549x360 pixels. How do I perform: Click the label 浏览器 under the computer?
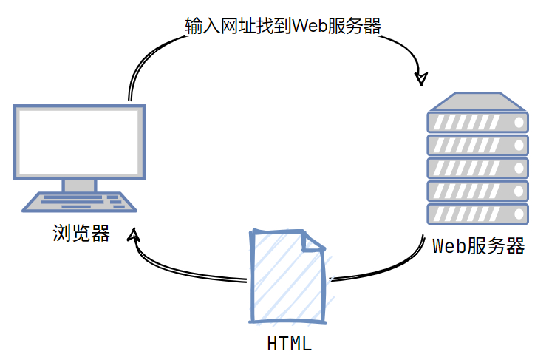click(81, 234)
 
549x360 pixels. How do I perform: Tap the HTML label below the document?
click(289, 344)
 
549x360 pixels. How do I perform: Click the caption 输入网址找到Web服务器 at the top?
click(283, 26)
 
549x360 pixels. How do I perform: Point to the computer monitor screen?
click(79, 140)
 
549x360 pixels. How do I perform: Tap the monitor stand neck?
click(79, 185)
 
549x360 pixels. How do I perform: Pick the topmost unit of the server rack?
click(478, 121)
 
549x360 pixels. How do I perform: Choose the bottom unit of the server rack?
click(478, 213)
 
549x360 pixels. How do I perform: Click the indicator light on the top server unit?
click(519, 121)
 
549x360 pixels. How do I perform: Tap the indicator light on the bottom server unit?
click(519, 213)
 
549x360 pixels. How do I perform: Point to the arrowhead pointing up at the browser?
click(134, 236)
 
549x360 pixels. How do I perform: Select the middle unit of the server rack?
click(478, 167)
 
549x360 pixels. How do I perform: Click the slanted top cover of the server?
click(478, 101)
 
